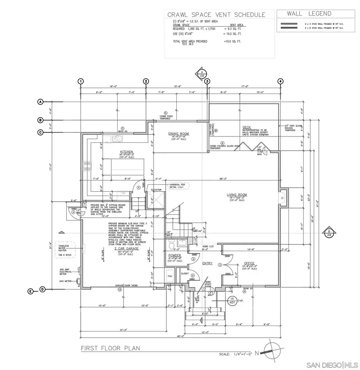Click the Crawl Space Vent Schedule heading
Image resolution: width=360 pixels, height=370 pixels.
click(216, 15)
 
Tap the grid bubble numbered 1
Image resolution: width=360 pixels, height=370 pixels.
click(81, 81)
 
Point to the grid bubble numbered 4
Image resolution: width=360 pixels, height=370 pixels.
click(280, 81)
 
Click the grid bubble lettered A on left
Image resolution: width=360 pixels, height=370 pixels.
click(40, 102)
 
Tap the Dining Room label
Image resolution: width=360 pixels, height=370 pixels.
click(178, 134)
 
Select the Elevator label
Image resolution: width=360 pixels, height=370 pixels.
click(156, 190)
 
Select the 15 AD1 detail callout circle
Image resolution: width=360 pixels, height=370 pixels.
click(232, 301)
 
